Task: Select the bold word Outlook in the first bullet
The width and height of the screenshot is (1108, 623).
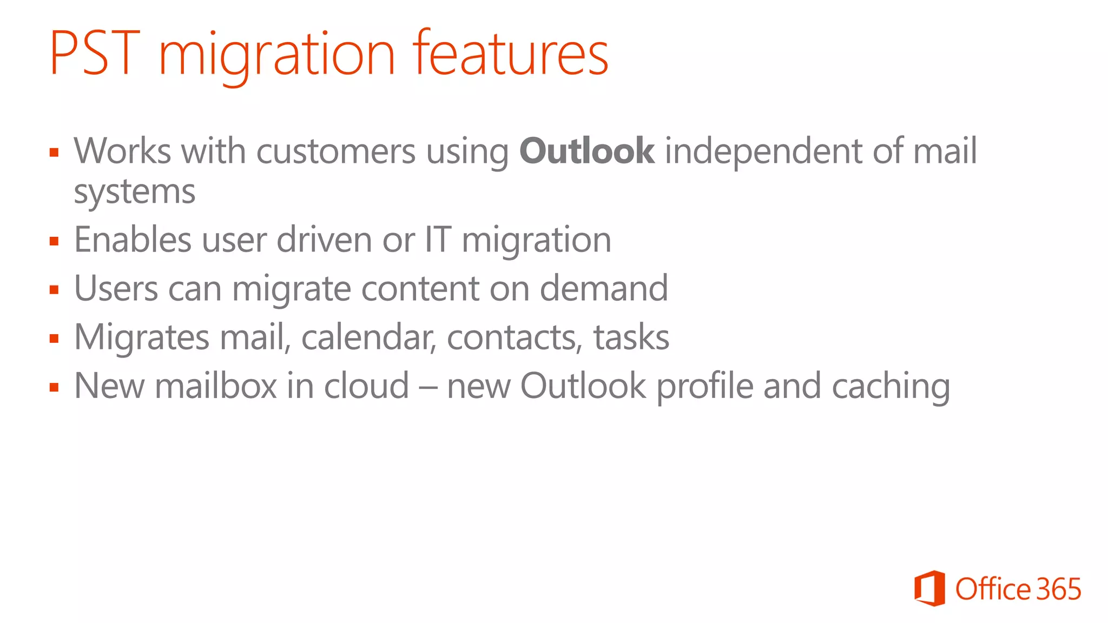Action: tap(587, 151)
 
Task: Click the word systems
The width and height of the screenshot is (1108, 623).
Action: tap(134, 192)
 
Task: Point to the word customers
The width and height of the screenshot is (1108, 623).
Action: tap(335, 151)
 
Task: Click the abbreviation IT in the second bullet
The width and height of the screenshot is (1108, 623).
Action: tap(438, 240)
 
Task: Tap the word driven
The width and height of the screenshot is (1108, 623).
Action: tap(324, 240)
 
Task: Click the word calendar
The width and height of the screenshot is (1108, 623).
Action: tap(368, 337)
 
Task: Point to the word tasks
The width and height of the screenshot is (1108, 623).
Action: tap(631, 337)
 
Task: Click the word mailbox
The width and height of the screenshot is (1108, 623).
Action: tap(216, 386)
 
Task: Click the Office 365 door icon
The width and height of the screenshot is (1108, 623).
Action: tap(929, 588)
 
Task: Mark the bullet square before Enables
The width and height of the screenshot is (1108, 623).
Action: tap(54, 241)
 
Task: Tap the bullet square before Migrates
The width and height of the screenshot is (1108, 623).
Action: tap(54, 339)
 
